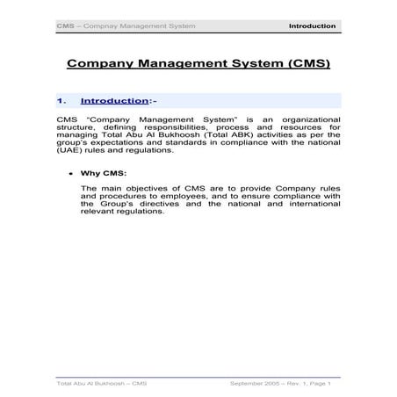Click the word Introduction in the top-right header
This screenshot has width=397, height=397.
pyautogui.click(x=312, y=26)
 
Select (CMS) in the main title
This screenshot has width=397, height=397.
pyautogui.click(x=302, y=64)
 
